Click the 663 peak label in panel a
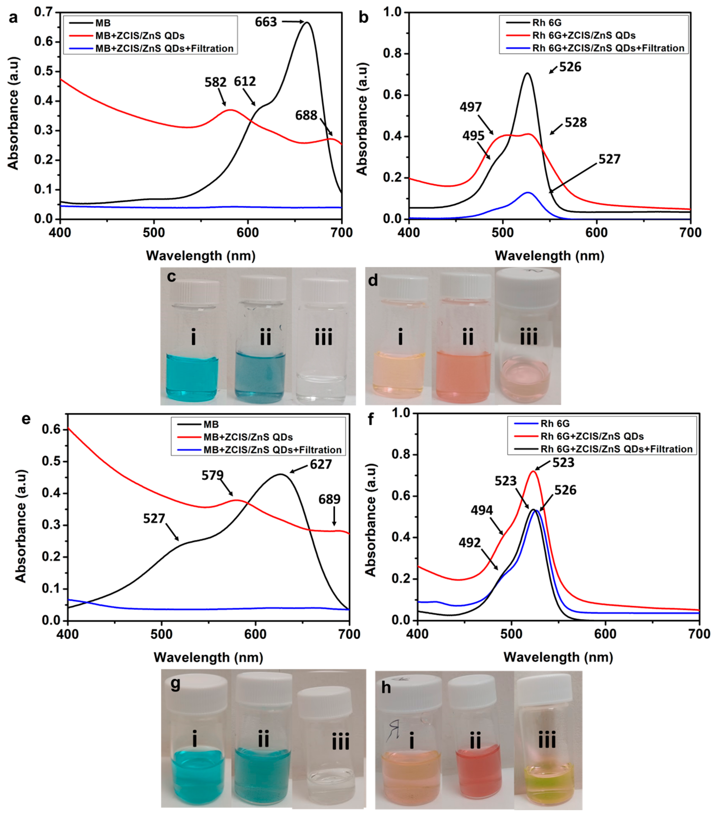point(266,22)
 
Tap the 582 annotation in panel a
point(215,82)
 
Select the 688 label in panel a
point(306,115)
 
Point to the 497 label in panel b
point(470,107)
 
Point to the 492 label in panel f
point(470,543)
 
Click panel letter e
point(26,419)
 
